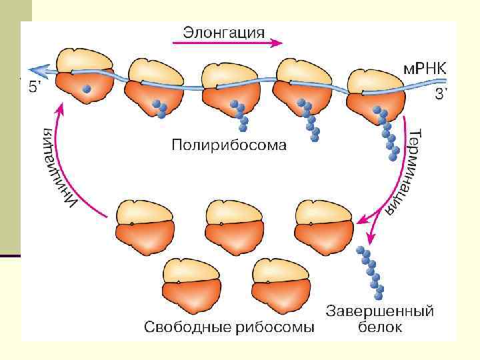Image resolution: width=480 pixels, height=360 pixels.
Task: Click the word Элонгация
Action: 223,31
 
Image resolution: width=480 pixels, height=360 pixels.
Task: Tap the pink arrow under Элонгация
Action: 227,43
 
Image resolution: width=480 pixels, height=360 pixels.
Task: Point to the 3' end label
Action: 441,95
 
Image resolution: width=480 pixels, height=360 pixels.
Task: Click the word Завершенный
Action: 380,311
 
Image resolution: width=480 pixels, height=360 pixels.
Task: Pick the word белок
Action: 380,327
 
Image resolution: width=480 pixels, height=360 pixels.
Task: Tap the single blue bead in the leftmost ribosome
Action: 86,89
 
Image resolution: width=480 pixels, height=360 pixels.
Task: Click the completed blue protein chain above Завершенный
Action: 371,273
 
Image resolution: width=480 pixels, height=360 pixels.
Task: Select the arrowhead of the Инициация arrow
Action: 62,104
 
